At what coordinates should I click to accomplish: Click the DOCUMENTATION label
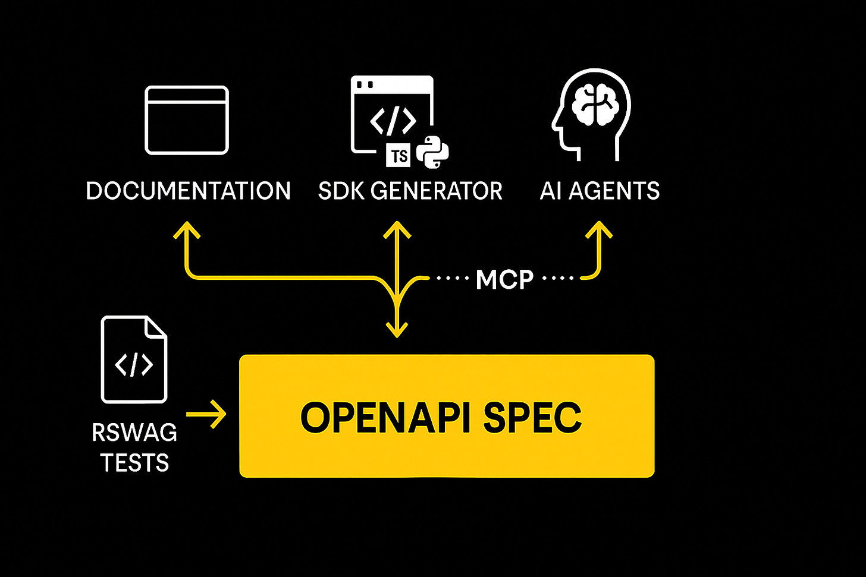(x=188, y=191)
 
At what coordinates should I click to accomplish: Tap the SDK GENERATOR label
(x=410, y=191)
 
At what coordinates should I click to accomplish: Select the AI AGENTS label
(x=600, y=191)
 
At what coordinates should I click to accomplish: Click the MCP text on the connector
(x=504, y=279)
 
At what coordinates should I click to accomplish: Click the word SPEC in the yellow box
(x=532, y=417)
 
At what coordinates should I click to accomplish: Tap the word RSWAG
(x=134, y=433)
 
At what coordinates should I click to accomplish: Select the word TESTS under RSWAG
(x=134, y=463)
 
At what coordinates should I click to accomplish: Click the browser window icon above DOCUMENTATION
(x=187, y=120)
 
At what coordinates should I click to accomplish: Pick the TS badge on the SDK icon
(x=399, y=156)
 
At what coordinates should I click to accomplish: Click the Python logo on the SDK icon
(x=432, y=152)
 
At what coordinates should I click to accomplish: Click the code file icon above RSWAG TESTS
(x=134, y=360)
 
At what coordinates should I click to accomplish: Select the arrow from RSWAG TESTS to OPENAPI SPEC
(x=207, y=414)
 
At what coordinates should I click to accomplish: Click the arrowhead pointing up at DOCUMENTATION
(x=187, y=230)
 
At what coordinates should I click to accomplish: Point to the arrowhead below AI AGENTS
(x=599, y=230)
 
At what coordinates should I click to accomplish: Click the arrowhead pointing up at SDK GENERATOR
(x=397, y=230)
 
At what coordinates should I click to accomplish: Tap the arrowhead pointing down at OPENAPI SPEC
(x=397, y=329)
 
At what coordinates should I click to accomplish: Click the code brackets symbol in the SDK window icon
(x=393, y=121)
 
